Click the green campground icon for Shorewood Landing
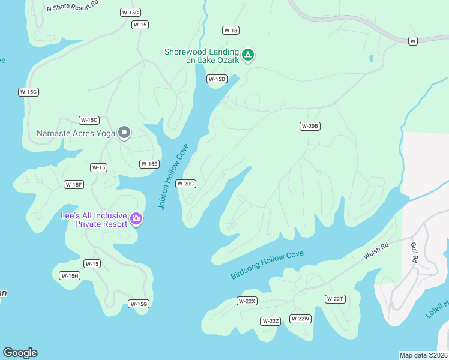coord(247,56)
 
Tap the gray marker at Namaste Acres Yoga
coord(124,132)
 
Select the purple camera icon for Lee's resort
coord(136,218)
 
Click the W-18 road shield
coord(231,31)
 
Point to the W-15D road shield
coord(217,79)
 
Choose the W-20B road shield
coord(310,126)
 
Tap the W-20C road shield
coord(185,184)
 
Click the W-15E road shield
coord(149,164)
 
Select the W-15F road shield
coord(74,185)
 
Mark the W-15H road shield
coord(70,276)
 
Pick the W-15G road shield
coord(139,304)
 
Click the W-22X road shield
coord(247,301)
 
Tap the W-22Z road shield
coord(271,321)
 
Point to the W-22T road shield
coord(335,299)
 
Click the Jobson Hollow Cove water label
coord(173,176)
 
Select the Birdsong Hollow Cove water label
coord(267,265)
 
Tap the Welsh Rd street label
coord(376,251)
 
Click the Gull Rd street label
coord(414,252)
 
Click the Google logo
coord(20,353)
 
